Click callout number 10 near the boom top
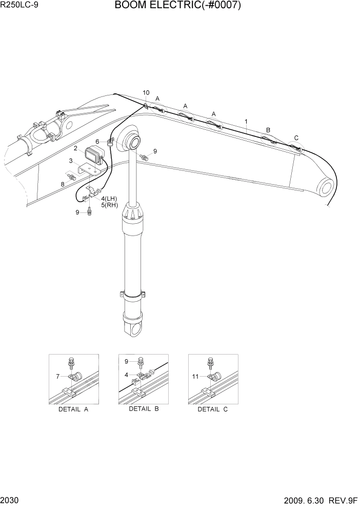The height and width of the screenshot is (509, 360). click(x=146, y=93)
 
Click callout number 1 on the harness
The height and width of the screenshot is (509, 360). click(x=246, y=122)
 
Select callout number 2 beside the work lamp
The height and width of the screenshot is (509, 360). click(x=75, y=148)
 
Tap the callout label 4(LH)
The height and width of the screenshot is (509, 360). click(x=109, y=199)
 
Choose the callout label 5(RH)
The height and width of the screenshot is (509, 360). click(x=109, y=205)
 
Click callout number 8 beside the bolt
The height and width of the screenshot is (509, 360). click(x=63, y=184)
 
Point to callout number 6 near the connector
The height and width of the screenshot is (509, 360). click(x=97, y=141)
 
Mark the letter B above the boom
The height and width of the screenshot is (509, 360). click(x=268, y=130)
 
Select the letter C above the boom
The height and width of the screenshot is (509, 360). click(x=296, y=138)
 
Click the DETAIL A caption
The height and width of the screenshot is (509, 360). click(x=73, y=409)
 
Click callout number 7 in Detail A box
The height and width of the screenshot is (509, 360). click(x=58, y=377)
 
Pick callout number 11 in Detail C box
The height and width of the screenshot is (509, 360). click(x=195, y=377)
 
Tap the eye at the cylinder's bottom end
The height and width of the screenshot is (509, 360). click(x=135, y=329)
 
